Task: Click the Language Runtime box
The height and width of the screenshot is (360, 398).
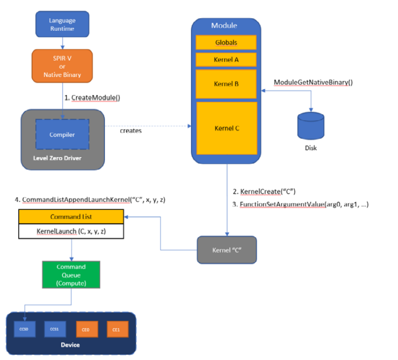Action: [x=62, y=25]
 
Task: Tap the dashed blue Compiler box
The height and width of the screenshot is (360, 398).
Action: [x=62, y=135]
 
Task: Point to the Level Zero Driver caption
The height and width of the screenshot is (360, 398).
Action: [x=58, y=158]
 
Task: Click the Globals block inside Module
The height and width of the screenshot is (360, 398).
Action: [x=226, y=42]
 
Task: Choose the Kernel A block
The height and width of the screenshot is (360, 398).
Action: [x=226, y=60]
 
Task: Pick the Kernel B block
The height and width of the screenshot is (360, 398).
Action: [x=226, y=84]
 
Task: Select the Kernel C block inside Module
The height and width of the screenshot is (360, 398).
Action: [x=226, y=128]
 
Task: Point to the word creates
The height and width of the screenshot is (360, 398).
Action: [x=131, y=131]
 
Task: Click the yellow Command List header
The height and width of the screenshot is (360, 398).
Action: [x=71, y=217]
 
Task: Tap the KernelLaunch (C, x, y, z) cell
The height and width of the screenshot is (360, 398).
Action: [x=71, y=231]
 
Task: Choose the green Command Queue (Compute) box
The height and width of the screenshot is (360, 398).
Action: [x=71, y=274]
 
